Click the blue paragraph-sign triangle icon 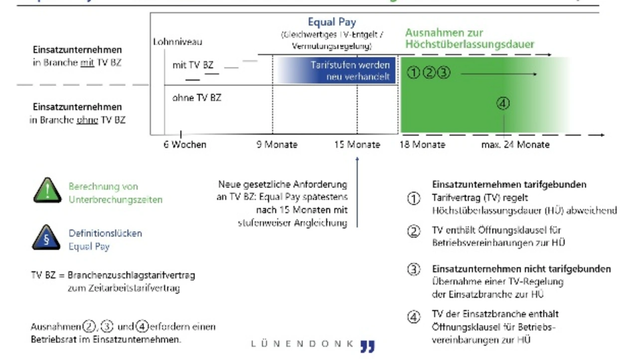[x=46, y=238]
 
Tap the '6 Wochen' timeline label [x=184, y=145]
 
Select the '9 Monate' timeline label [x=277, y=145]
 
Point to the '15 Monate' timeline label [x=357, y=145]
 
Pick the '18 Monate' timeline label [x=422, y=145]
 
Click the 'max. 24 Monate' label [x=515, y=145]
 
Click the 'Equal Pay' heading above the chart [x=332, y=22]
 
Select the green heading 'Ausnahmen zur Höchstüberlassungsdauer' [x=469, y=38]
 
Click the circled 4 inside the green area [x=503, y=103]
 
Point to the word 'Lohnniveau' [x=177, y=42]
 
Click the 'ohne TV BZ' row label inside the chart [x=196, y=98]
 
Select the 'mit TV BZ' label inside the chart [x=192, y=65]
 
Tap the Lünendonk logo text [x=303, y=344]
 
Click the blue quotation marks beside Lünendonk [x=368, y=346]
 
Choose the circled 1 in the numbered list [x=414, y=198]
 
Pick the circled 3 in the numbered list [x=414, y=270]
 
